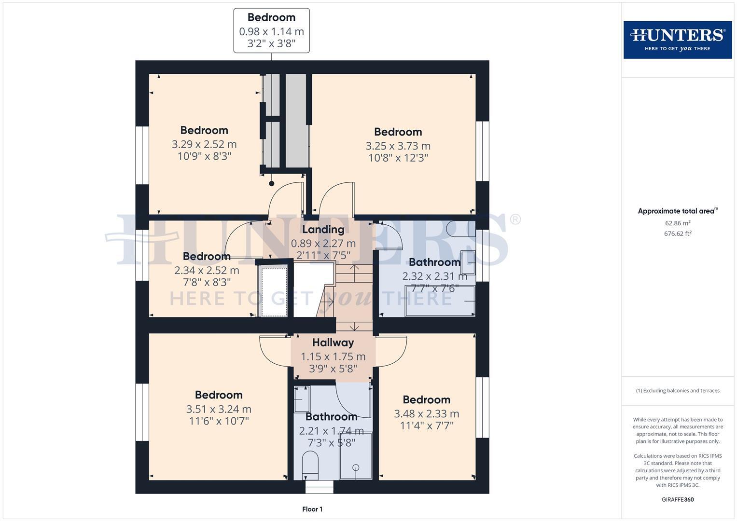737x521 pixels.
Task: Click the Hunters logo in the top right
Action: coord(677,40)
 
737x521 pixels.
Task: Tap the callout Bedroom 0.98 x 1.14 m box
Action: coord(271,30)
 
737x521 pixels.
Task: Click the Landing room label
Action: coord(323,230)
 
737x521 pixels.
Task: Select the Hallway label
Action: coord(333,343)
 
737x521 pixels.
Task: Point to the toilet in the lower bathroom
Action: coord(310,463)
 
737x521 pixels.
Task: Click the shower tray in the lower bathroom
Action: coord(356,456)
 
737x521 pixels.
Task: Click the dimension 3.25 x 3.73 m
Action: coord(398,146)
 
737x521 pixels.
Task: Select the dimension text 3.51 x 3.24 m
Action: coord(219,409)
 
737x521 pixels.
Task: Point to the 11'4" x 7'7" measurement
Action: coord(427,425)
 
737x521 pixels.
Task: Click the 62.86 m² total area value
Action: coord(677,223)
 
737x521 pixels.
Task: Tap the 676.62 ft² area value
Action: coord(677,233)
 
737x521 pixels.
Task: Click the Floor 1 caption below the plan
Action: coord(312,509)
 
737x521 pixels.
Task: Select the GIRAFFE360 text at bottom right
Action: coord(677,499)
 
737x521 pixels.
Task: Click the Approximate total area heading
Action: coord(677,211)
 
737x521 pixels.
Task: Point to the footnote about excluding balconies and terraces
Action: coord(677,391)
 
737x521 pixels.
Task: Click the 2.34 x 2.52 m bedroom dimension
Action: coord(207,270)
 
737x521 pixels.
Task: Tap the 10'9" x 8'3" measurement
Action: coord(204,156)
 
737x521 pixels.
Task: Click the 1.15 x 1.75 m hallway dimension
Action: coord(333,357)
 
